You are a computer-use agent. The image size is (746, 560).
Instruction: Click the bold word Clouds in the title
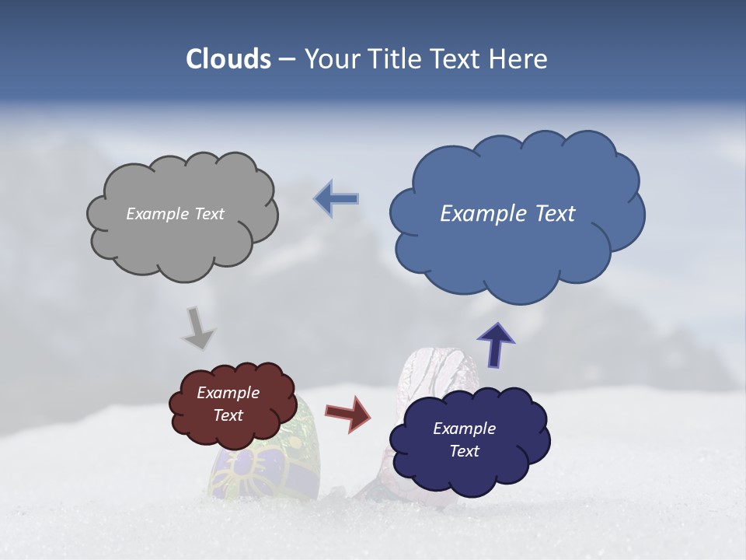pyautogui.click(x=228, y=59)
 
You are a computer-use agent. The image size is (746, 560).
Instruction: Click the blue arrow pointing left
pyautogui.click(x=336, y=198)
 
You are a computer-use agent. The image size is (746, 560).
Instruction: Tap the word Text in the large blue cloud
pyautogui.click(x=553, y=214)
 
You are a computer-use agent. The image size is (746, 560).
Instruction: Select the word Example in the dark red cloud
pyautogui.click(x=228, y=393)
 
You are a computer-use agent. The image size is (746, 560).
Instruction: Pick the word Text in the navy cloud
pyautogui.click(x=465, y=451)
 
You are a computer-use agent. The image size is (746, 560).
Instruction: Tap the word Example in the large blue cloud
pyautogui.click(x=481, y=214)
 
